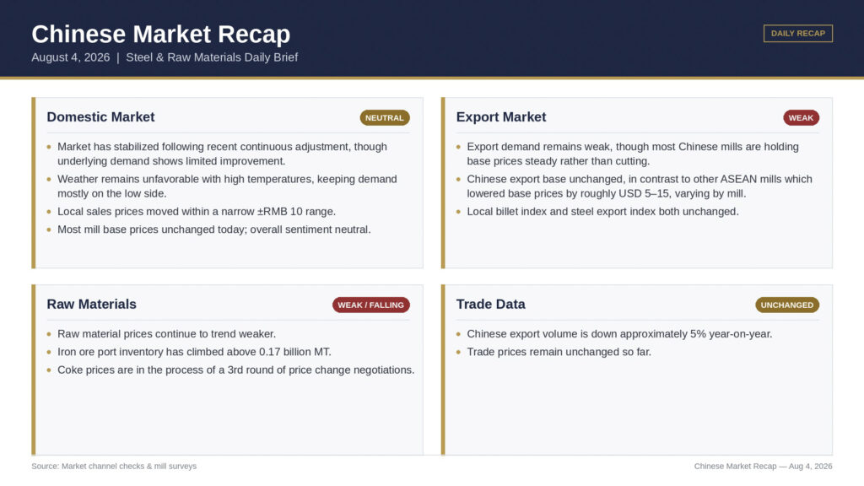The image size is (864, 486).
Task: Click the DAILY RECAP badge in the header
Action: coord(798,33)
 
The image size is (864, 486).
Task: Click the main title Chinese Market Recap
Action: coord(161,34)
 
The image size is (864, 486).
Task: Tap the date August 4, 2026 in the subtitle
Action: coord(71,57)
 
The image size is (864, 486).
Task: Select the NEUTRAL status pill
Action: coord(385,117)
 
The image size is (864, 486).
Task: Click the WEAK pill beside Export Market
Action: coord(802,117)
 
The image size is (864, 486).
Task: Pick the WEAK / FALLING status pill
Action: coord(371,305)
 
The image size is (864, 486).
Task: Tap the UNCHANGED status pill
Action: coord(787,305)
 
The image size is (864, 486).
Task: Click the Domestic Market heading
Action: coord(101,116)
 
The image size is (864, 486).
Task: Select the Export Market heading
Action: coord(501,116)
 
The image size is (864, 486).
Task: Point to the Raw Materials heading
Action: coord(91,304)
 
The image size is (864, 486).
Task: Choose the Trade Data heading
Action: coord(490,304)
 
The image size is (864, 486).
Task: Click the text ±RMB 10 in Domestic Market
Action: coord(280,212)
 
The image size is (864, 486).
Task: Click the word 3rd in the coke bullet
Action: coord(235,370)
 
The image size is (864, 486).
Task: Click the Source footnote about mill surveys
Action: coord(114,466)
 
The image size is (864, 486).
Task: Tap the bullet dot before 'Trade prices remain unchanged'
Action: coord(458,352)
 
